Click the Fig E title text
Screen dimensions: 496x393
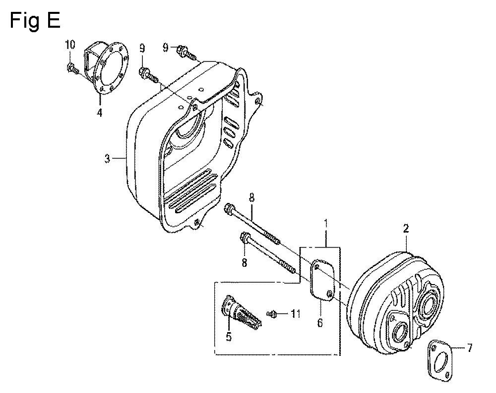coord(35,21)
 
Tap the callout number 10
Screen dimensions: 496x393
coord(70,45)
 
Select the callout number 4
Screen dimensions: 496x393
coord(100,112)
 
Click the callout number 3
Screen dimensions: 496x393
coord(108,158)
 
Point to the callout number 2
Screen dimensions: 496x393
coord(406,229)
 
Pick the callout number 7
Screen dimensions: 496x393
coord(469,348)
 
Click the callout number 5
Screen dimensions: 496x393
coord(229,336)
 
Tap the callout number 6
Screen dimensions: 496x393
coord(320,323)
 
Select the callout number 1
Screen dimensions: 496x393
coord(326,225)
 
